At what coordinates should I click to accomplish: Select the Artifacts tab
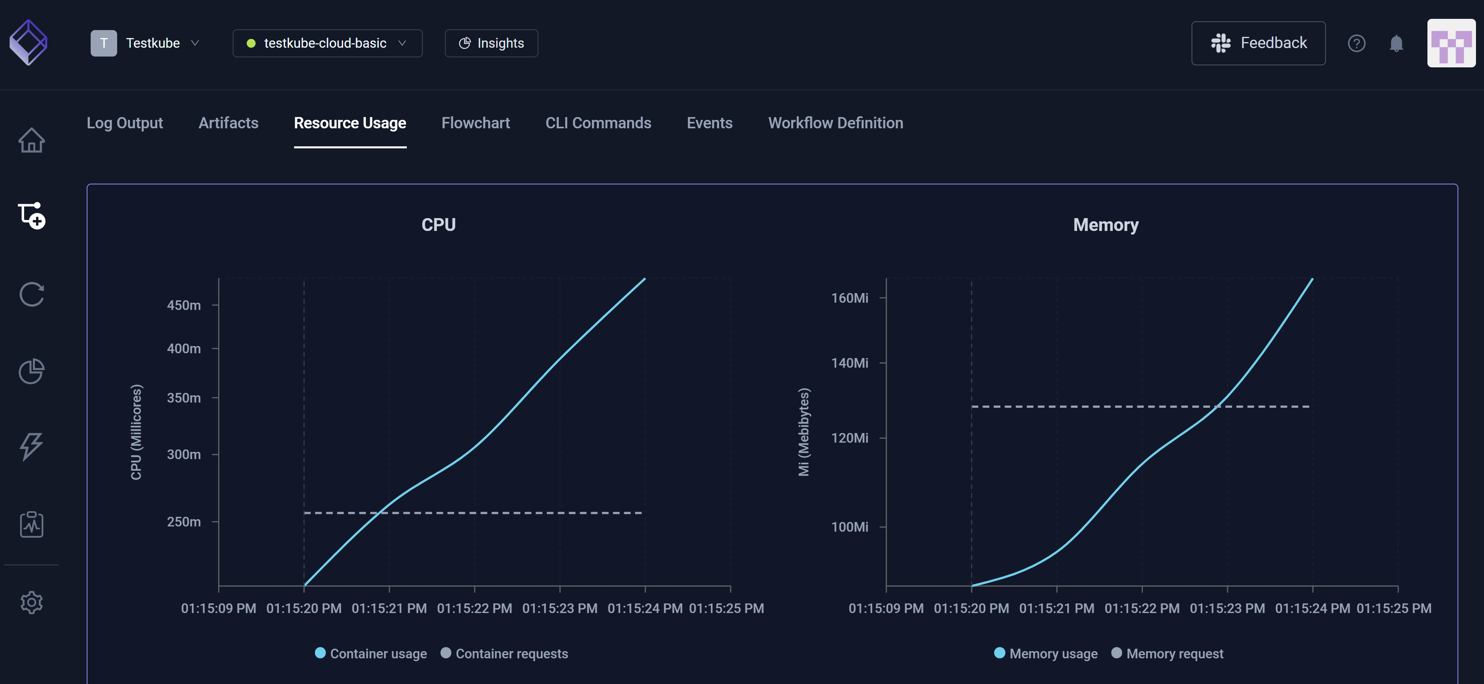click(x=228, y=123)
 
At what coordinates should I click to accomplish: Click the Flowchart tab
click(x=475, y=123)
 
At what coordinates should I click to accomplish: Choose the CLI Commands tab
click(x=598, y=123)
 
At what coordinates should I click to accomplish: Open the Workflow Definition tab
click(x=835, y=123)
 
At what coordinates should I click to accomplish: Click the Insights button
click(x=491, y=43)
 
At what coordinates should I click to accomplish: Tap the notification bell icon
click(x=1396, y=43)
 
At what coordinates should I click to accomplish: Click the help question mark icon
click(x=1356, y=43)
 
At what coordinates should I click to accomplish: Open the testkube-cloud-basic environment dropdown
click(x=327, y=43)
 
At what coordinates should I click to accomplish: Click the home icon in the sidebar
click(x=32, y=140)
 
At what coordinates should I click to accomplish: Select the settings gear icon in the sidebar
click(x=32, y=602)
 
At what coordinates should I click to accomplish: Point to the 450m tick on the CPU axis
click(x=184, y=305)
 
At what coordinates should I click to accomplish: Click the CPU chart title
click(x=439, y=225)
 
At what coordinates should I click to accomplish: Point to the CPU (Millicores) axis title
click(x=136, y=432)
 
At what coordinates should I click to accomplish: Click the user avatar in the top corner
click(x=1451, y=43)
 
